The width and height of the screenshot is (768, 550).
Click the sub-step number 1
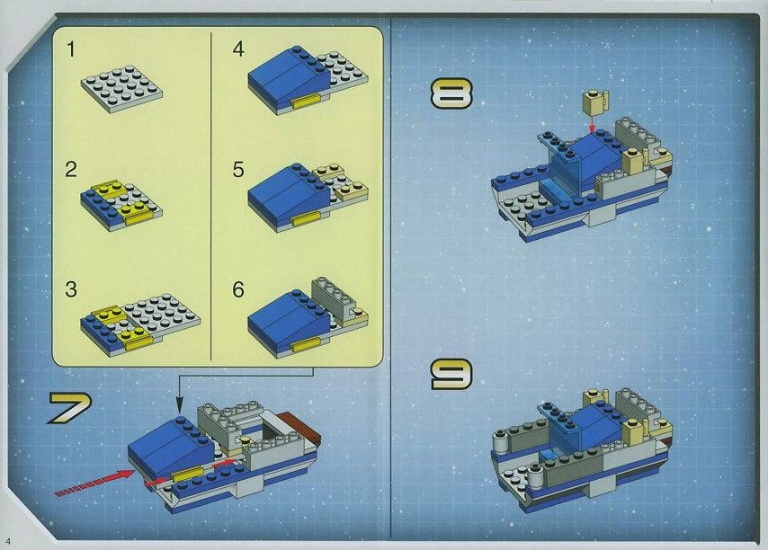(71, 49)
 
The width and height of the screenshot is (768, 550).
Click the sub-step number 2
(71, 169)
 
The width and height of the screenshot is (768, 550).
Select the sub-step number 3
(71, 289)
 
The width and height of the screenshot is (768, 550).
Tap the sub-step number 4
(238, 49)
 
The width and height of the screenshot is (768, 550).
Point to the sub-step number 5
(238, 169)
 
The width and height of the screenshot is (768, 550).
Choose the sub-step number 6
(238, 289)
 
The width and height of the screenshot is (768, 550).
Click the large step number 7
(69, 408)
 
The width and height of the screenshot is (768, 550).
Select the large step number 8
(451, 93)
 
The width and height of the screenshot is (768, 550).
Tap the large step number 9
(451, 375)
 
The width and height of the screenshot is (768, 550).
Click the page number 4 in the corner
(8, 541)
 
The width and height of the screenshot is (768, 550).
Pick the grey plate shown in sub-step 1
(121, 89)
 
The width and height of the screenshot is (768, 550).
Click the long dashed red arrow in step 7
(94, 482)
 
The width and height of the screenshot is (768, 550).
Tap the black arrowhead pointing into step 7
(179, 405)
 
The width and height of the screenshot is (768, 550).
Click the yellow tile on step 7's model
(188, 475)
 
